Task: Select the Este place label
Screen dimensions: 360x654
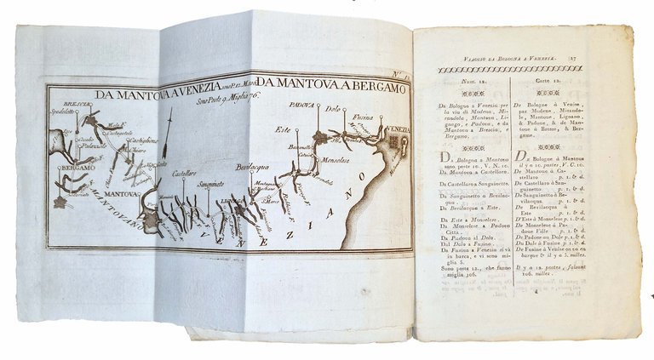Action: coord(280,129)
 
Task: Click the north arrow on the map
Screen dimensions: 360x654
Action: coord(170,136)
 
